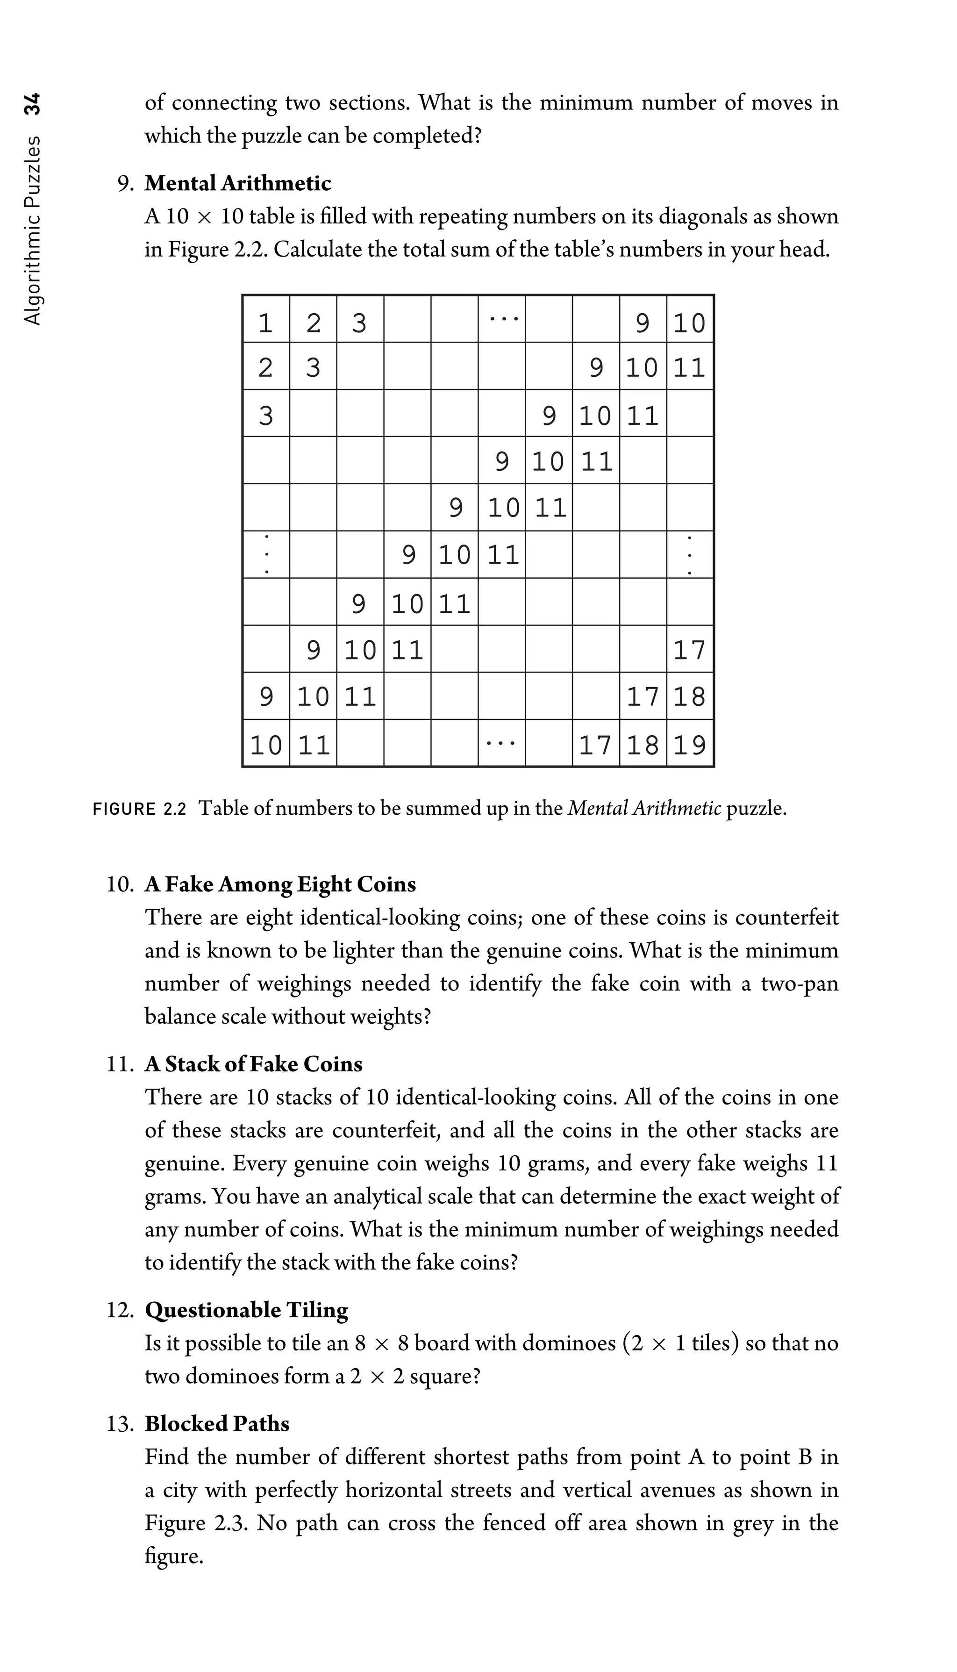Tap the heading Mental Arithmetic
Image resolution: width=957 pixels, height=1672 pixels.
click(x=237, y=183)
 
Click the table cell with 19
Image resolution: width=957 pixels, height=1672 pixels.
click(x=690, y=744)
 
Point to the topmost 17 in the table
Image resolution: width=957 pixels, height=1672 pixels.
click(x=690, y=650)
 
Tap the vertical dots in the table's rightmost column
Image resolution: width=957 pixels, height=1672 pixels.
click(x=690, y=555)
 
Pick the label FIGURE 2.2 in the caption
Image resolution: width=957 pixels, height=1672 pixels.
click(x=140, y=808)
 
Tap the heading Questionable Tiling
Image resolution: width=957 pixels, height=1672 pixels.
click(x=246, y=1310)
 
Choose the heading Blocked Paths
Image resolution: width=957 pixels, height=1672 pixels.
click(x=217, y=1423)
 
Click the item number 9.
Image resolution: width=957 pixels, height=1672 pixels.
click(x=126, y=183)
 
